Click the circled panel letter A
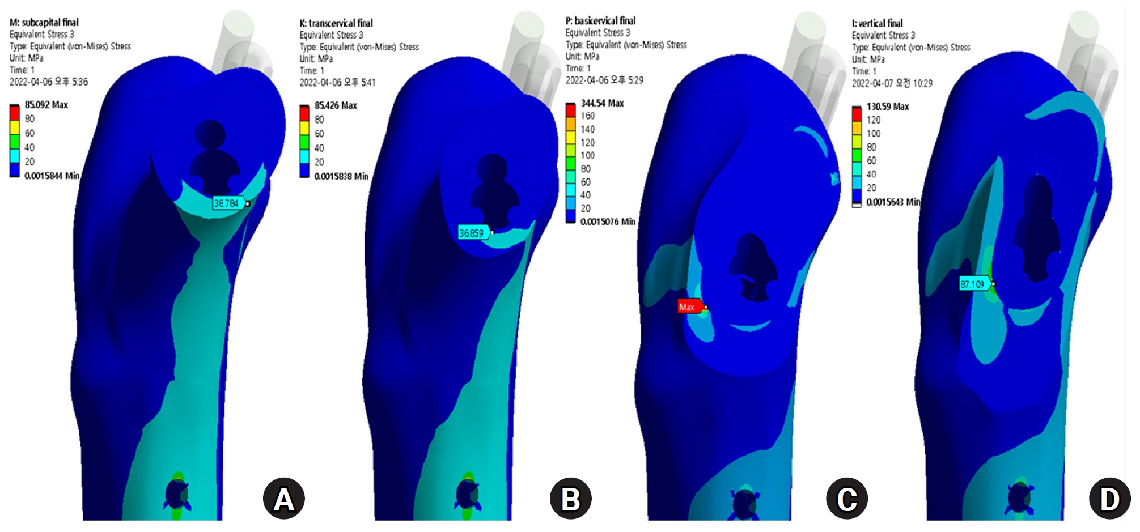point(283,499)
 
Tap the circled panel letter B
point(570,499)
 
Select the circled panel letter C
point(847,499)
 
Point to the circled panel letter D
point(1109,499)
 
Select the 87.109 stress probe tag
point(973,283)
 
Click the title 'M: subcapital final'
point(44,23)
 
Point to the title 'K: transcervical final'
point(336,23)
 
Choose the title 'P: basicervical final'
point(600,21)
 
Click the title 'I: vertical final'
point(877,23)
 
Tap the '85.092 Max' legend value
point(46,105)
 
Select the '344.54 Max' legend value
point(602,103)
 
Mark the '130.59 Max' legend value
point(887,107)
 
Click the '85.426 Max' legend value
point(336,105)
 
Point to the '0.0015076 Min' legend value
point(607,222)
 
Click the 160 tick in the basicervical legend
point(587,116)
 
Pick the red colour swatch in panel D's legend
point(857,113)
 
